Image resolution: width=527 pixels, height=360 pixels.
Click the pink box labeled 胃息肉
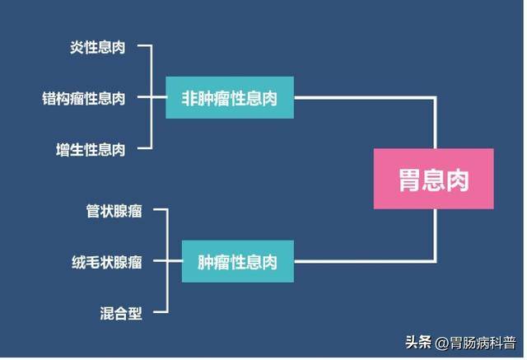coord(433,179)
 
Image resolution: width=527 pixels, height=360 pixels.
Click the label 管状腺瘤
coord(114,212)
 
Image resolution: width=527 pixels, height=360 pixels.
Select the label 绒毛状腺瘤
coord(107,263)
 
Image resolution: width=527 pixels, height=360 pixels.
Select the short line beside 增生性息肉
coord(144,149)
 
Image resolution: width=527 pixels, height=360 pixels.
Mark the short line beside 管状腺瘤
coord(159,211)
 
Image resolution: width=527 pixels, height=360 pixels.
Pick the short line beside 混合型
coord(159,313)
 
